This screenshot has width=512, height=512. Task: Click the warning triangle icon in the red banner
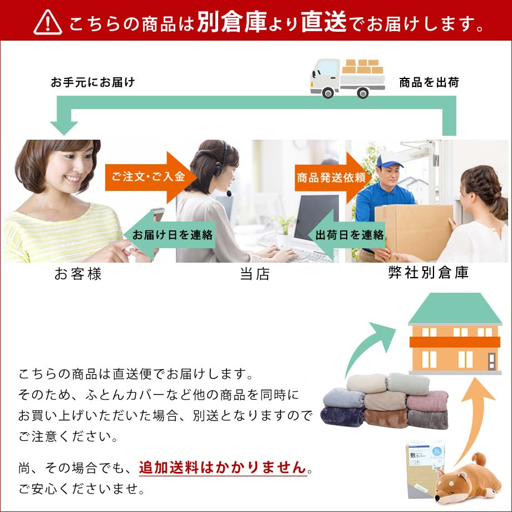click(48, 22)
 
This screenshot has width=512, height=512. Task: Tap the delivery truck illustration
click(347, 78)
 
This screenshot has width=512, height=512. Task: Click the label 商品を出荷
click(429, 82)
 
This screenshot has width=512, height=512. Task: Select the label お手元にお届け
click(93, 82)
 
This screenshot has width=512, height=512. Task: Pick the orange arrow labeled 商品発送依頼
click(333, 178)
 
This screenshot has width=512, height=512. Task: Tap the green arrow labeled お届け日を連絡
click(169, 235)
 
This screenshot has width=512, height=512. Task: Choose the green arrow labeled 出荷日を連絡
click(347, 235)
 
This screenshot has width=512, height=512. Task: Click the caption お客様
click(78, 274)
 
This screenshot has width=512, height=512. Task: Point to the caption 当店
click(255, 274)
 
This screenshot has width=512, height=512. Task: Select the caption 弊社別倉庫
click(429, 273)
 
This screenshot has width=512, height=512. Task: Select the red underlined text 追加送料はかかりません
click(223, 467)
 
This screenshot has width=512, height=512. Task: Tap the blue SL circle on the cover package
click(437, 451)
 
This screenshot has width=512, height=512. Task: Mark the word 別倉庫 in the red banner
click(232, 22)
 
